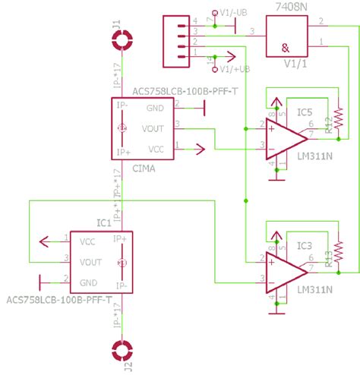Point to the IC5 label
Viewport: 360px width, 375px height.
(304, 114)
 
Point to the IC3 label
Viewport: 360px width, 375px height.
(304, 246)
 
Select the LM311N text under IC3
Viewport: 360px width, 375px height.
(311, 290)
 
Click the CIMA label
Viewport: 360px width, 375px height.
(144, 169)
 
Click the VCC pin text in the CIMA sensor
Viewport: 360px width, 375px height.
(155, 148)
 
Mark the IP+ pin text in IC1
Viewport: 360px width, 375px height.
(119, 239)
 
